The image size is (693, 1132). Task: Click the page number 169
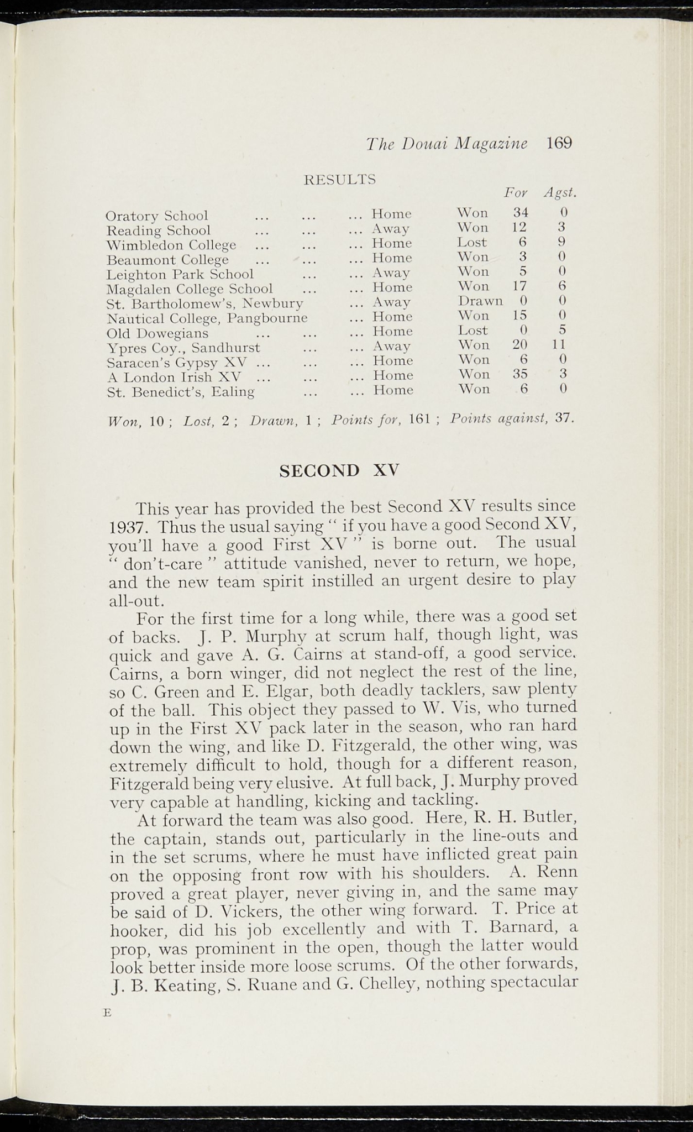[x=559, y=144]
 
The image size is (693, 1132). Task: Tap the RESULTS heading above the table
[x=340, y=180]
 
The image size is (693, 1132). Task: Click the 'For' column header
[x=516, y=193]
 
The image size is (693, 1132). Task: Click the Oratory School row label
[x=157, y=216]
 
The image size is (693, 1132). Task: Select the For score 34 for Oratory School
[x=521, y=212]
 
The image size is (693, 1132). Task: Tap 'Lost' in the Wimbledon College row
[x=472, y=242]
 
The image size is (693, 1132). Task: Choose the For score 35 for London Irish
[x=519, y=374]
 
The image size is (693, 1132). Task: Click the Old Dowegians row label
[x=158, y=333]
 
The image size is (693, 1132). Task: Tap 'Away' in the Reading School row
[x=391, y=228]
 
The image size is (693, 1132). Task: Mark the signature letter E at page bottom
[x=107, y=1013]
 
